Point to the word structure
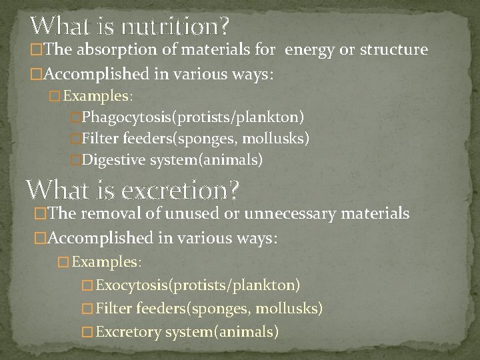(392, 51)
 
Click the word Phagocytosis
(127, 118)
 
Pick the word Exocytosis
(133, 286)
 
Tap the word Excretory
(128, 331)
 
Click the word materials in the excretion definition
(381, 213)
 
